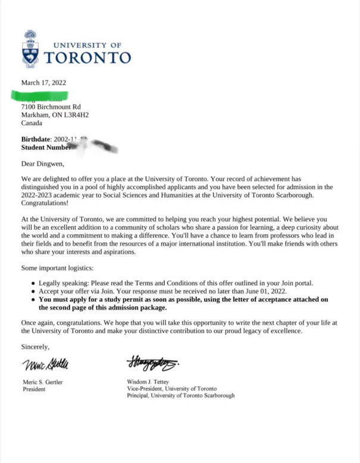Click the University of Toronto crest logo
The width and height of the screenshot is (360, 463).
click(x=30, y=48)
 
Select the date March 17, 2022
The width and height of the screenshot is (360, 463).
click(x=43, y=83)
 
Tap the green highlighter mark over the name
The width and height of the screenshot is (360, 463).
click(x=40, y=95)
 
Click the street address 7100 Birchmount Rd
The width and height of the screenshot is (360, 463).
click(x=51, y=107)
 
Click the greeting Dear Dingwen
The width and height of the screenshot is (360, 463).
click(x=43, y=162)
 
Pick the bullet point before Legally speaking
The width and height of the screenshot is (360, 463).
click(x=32, y=283)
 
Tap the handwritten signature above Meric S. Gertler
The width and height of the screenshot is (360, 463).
click(x=46, y=364)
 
